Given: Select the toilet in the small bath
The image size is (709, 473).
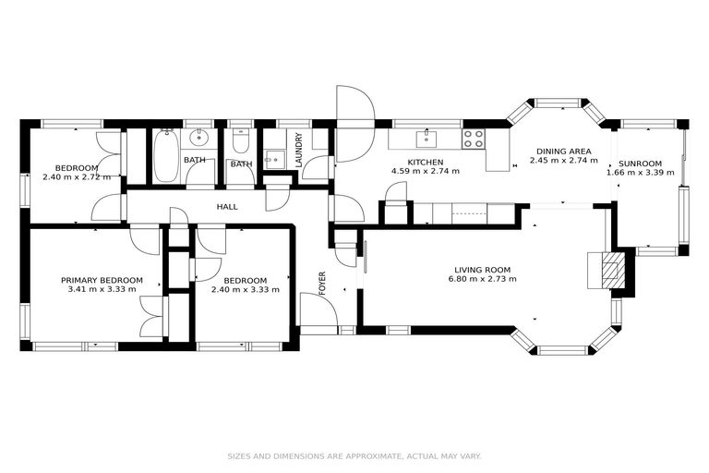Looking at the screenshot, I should pos(240,141).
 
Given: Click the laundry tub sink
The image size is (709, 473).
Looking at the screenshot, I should pos(272,159).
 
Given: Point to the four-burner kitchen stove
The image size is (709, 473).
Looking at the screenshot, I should pos(474,139).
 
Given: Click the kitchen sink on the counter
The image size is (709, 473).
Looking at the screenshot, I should pos(427,139).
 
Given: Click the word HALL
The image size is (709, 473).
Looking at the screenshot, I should pos(227,207).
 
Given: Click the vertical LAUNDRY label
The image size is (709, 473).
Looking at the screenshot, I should pos(299,150).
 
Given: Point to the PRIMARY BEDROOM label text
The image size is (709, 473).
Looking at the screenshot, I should pos(102,280).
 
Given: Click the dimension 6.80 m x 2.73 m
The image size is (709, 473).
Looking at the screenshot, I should pos(482,279).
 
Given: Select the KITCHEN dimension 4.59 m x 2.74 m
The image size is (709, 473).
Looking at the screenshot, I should pos(426,171).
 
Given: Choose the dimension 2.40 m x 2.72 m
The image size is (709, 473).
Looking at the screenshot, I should pos(77,176).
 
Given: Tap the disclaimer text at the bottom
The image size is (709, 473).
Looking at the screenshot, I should pos(354,455).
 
